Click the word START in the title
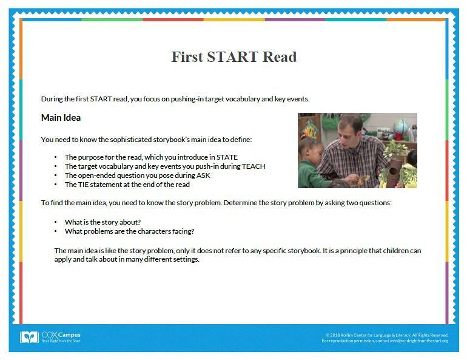[x=233, y=57]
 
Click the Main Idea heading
[x=61, y=118]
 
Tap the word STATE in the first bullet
[x=227, y=157]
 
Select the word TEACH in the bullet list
[x=254, y=166]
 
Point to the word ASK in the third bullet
[x=203, y=175]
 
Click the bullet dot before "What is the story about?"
[x=56, y=222]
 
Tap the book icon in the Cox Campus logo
[x=29, y=338]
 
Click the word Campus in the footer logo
[x=69, y=335]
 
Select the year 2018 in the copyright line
[x=335, y=335]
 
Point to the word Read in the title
[x=280, y=57]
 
